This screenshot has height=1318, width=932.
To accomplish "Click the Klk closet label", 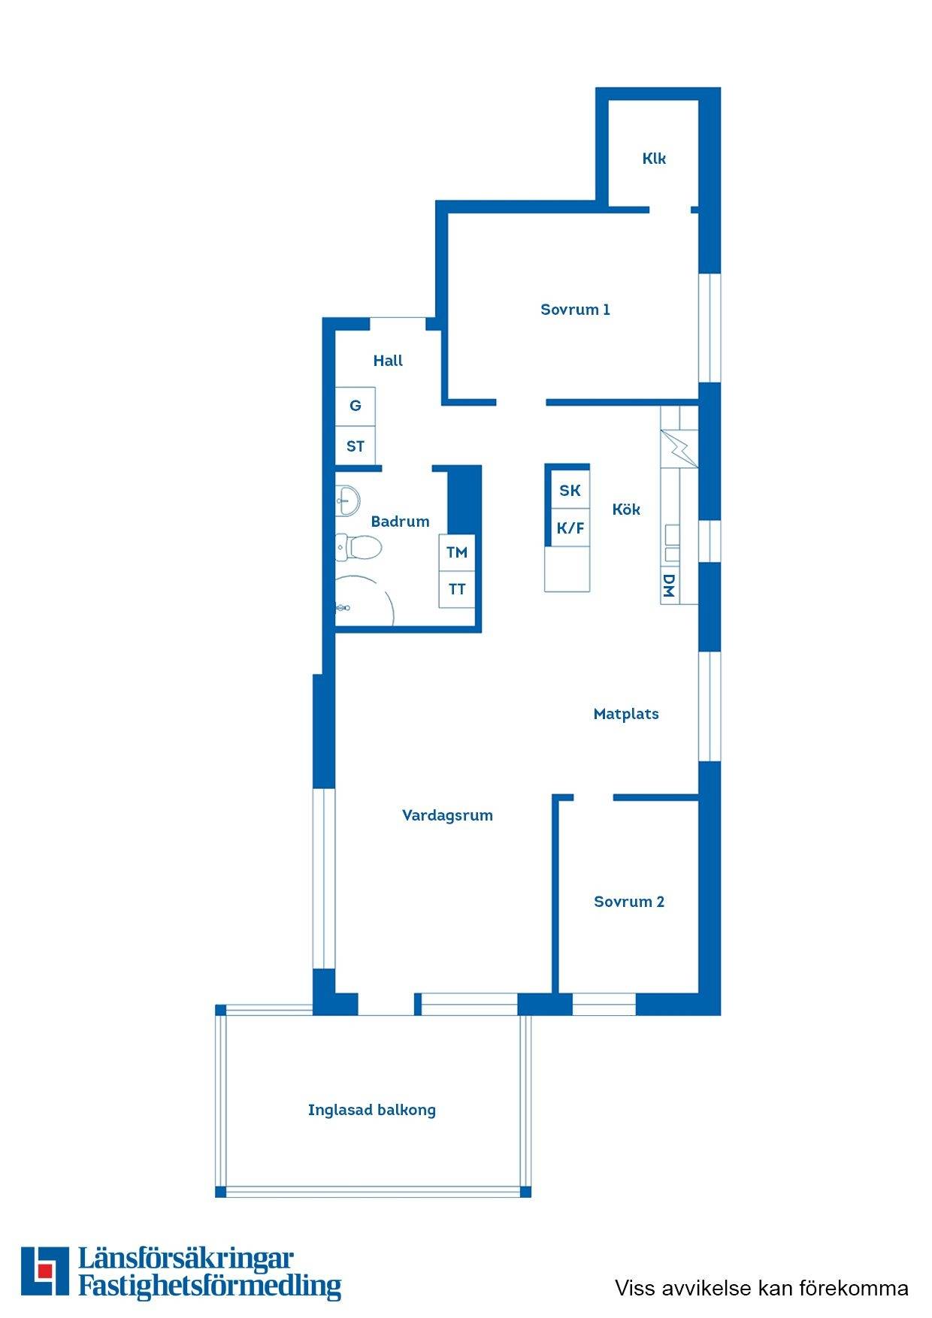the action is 654,159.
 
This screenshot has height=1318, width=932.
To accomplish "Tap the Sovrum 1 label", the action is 575,310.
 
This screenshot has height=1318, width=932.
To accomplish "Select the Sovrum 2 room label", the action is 629,902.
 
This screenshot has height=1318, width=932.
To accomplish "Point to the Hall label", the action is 388,361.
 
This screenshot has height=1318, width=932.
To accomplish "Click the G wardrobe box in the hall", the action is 356,406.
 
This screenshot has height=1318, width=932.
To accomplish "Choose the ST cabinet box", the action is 356,446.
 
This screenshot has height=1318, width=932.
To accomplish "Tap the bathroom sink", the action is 347,499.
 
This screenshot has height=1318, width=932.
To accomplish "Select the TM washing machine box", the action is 457,552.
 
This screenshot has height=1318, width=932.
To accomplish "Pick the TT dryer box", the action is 457,589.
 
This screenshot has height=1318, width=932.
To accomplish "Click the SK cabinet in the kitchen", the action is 570,491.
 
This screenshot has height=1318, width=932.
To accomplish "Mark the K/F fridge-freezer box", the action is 570,528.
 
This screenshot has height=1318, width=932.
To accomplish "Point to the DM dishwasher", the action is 669,586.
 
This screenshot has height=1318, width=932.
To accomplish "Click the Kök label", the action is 626,509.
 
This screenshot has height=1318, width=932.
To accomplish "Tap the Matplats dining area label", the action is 626,714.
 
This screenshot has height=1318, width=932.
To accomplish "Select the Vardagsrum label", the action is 447,815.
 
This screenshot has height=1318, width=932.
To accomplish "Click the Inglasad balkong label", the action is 372,1110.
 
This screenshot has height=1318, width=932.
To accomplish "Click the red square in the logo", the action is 46,1271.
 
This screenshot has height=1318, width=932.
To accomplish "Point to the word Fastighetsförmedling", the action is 210,1286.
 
